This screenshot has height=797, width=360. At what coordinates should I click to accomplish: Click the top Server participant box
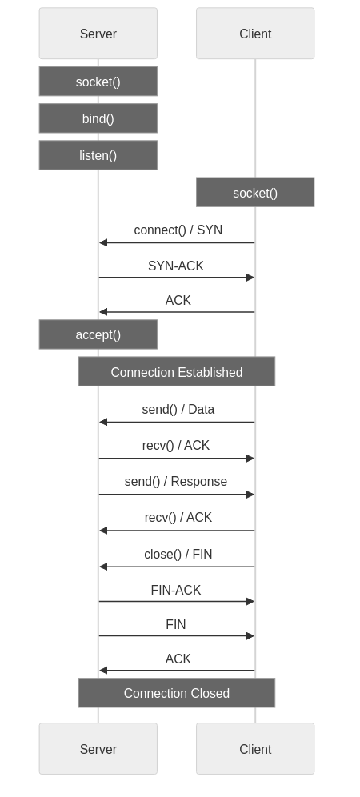pyautogui.click(x=98, y=34)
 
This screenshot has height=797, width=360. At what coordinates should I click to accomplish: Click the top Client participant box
pyautogui.click(x=255, y=34)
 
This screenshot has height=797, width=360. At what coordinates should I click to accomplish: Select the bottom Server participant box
pyautogui.click(x=98, y=749)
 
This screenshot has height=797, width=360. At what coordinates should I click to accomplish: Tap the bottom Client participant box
pyautogui.click(x=255, y=749)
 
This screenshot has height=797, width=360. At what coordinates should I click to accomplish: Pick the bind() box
pyautogui.click(x=98, y=118)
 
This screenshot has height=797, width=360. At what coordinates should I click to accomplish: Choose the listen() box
pyautogui.click(x=98, y=155)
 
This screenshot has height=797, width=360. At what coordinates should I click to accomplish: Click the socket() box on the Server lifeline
pyautogui.click(x=98, y=82)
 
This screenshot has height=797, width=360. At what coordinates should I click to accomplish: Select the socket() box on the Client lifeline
pyautogui.click(x=255, y=193)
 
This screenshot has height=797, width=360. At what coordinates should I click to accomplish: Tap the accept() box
pyautogui.click(x=98, y=334)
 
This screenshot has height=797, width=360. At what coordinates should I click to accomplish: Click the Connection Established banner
pyautogui.click(x=176, y=372)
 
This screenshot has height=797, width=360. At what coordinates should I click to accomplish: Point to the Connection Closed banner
pyautogui.click(x=176, y=693)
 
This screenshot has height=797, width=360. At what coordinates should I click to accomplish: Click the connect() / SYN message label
pyautogui.click(x=178, y=230)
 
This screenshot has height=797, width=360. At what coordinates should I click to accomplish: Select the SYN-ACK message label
pyautogui.click(x=176, y=266)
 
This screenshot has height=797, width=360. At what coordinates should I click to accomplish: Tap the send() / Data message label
pyautogui.click(x=178, y=410)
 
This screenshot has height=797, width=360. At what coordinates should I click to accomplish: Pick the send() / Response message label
pyautogui.click(x=176, y=482)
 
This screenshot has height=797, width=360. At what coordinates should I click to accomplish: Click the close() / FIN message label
pyautogui.click(x=178, y=554)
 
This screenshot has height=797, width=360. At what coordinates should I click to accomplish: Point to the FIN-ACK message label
pyautogui.click(x=176, y=590)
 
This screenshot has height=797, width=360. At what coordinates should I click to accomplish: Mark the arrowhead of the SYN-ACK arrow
pyautogui.click(x=250, y=278)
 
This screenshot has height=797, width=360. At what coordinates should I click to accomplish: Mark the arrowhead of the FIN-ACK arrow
pyautogui.click(x=250, y=601)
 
